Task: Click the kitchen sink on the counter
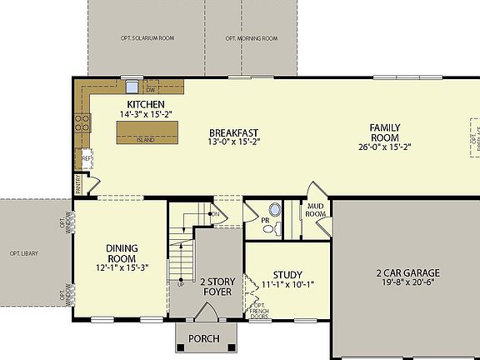132,85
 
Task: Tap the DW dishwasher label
151,88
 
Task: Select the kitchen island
146,132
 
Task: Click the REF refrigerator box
86,158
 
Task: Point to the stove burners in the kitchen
82,124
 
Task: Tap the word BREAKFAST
233,132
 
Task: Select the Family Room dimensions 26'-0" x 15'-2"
385,147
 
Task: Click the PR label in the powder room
265,222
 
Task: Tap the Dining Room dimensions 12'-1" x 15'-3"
127,267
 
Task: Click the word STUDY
288,274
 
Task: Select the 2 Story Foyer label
218,287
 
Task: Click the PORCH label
204,338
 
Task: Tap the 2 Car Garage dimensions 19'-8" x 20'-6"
407,283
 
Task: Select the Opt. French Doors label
259,311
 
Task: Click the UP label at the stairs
180,284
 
